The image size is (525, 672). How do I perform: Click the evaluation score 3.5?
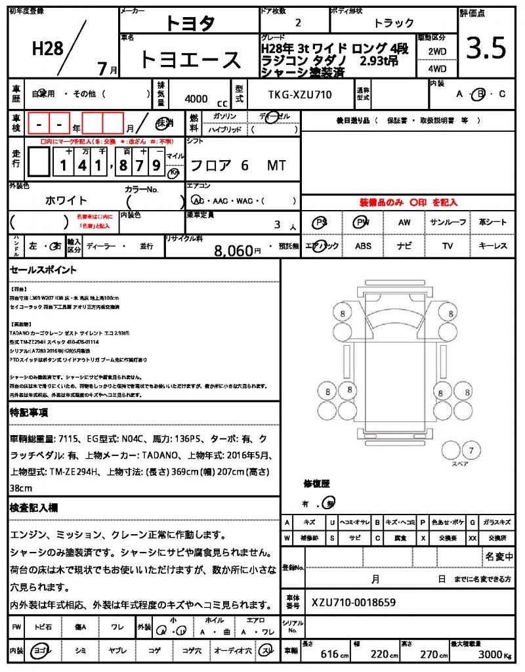point(486,49)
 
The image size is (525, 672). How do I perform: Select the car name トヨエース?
point(190,60)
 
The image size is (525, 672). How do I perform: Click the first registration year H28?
point(47,48)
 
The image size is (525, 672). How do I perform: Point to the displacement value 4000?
point(196,98)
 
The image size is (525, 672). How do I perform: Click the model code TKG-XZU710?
point(300,94)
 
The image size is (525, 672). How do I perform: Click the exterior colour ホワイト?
point(66,200)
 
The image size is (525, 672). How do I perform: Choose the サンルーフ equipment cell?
point(448,222)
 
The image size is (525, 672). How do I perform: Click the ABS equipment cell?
point(363,246)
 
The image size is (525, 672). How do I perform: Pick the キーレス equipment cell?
point(493,246)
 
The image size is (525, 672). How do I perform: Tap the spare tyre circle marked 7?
point(470,450)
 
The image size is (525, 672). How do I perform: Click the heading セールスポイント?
point(43,270)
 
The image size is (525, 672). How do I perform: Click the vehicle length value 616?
point(329,654)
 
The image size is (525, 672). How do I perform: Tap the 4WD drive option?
point(437,68)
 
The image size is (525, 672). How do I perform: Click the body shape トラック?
point(394,23)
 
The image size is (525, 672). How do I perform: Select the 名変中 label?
point(499,556)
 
